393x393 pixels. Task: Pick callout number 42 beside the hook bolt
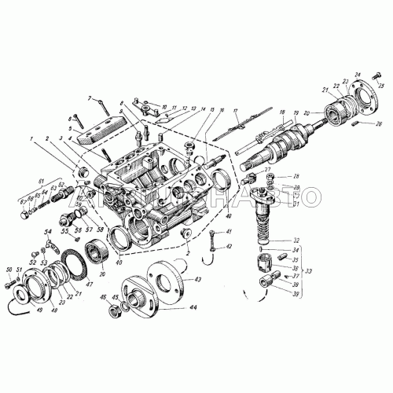[x=229, y=247]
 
